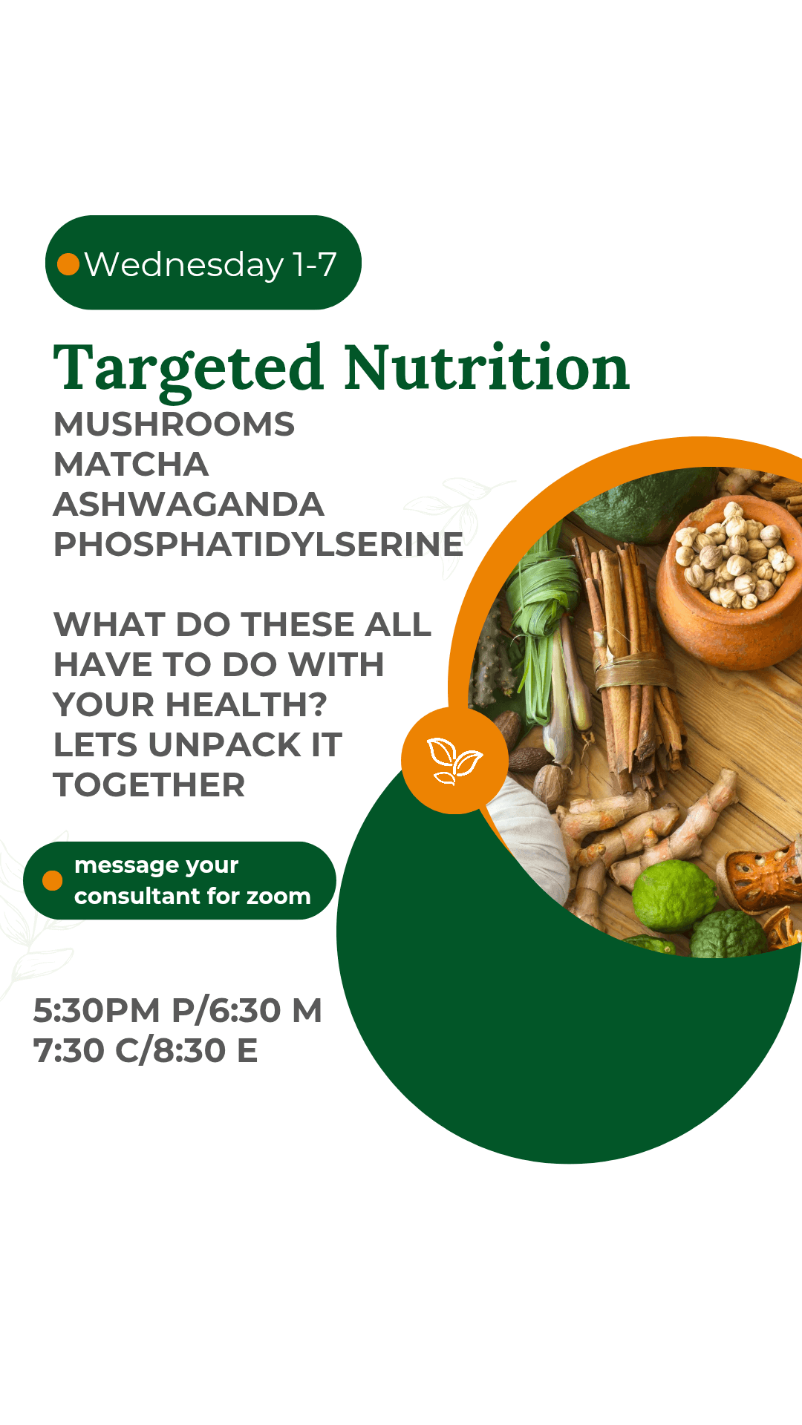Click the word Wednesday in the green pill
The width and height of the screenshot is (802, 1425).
[x=184, y=265]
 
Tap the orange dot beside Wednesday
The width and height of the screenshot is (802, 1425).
[x=68, y=264]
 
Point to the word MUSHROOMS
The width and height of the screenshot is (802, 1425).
[x=175, y=425]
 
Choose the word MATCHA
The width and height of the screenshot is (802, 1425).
[x=131, y=465]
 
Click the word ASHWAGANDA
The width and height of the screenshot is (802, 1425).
[x=189, y=505]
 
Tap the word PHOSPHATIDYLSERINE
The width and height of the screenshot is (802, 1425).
[x=258, y=545]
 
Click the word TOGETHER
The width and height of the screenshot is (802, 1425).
[x=149, y=785]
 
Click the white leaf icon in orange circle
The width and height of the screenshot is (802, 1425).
[x=454, y=761]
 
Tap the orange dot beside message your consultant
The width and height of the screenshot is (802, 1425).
[x=53, y=880]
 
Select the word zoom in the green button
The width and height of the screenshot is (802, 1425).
[x=278, y=897]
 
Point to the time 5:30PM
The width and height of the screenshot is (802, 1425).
[x=97, y=1011]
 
